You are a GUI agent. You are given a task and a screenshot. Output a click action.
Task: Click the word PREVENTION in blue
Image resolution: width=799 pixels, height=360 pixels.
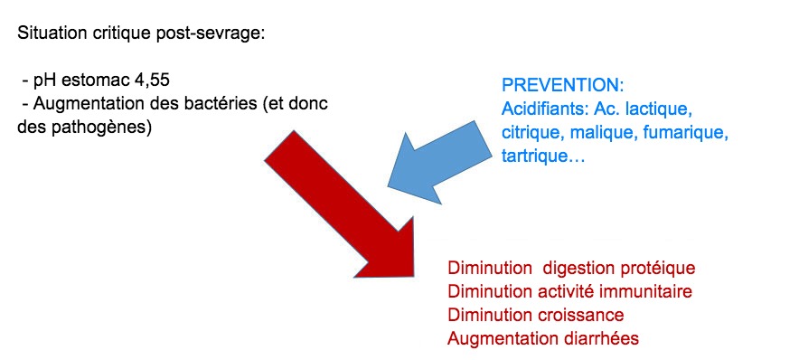(561, 87)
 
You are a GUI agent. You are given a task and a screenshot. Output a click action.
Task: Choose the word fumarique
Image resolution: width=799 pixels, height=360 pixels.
(696, 132)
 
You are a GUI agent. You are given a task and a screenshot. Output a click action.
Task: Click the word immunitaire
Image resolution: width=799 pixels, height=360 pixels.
(651, 291)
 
